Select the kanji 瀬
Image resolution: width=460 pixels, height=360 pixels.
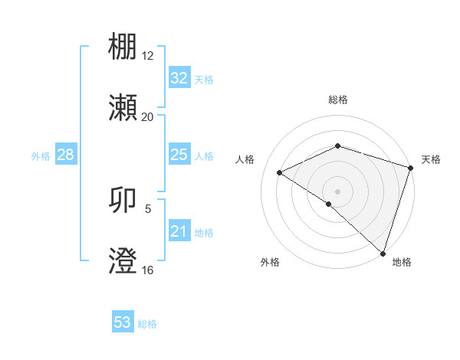(123, 109)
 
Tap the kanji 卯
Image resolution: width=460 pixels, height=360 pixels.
(123, 201)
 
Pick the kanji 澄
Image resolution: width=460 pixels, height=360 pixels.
(123, 262)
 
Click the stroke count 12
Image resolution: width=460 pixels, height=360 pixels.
(147, 57)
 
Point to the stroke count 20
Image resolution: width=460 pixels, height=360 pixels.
(147, 117)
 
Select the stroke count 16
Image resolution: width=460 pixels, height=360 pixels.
(147, 270)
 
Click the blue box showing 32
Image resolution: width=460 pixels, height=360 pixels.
(179, 78)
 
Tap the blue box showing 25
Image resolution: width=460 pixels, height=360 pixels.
(179, 155)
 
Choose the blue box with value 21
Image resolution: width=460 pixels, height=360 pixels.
(179, 231)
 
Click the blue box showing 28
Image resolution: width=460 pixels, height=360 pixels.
(66, 155)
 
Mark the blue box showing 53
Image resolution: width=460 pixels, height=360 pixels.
(123, 322)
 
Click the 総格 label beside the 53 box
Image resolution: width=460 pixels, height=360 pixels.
(147, 324)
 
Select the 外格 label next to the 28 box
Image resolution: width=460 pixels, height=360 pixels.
(41, 155)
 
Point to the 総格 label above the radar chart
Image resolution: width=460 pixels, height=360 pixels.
(337, 100)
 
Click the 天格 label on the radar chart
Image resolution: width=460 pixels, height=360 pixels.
(431, 159)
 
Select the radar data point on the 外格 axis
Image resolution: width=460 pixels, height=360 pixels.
(329, 204)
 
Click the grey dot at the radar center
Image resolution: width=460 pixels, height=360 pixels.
(337, 191)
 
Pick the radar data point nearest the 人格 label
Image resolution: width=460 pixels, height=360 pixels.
(280, 172)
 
